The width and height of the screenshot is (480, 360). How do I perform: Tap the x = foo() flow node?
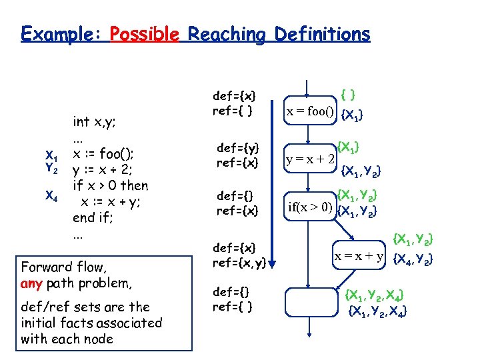click(310, 111)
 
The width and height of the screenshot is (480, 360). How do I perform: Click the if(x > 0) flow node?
click(309, 205)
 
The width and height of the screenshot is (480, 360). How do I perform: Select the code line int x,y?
click(95, 121)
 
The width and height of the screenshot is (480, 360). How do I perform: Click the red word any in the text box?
click(31, 283)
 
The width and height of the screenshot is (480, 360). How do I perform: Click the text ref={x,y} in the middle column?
click(239, 263)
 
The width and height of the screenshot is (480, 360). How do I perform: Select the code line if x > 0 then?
click(111, 185)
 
